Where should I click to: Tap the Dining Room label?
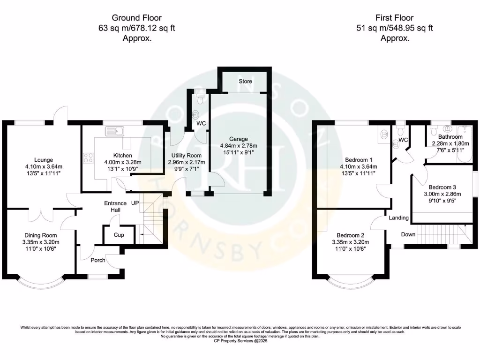click(41, 235)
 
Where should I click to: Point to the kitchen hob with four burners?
click(88, 158)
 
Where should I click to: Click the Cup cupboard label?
click(119, 235)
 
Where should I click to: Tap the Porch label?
click(98, 260)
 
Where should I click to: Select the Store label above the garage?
click(245, 81)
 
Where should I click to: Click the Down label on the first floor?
click(408, 234)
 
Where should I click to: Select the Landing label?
click(398, 218)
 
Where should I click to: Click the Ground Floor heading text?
click(136, 18)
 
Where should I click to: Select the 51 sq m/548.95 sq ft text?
click(395, 28)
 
